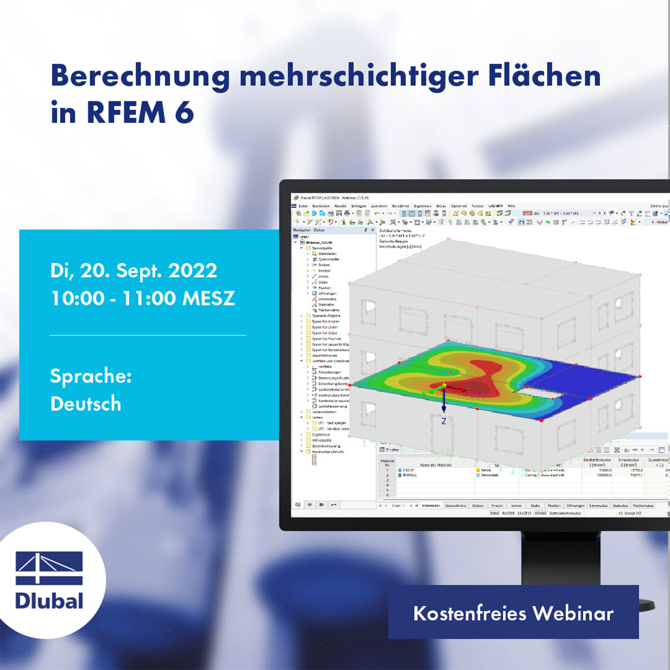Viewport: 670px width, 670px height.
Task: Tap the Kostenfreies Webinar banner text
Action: (513, 614)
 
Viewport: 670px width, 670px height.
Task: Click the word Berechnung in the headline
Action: (139, 77)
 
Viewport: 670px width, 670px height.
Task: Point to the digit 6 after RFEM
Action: (185, 112)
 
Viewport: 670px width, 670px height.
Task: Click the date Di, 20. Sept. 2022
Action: (133, 270)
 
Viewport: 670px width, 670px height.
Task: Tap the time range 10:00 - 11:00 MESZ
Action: (143, 298)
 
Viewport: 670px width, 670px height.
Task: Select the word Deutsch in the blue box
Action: (86, 404)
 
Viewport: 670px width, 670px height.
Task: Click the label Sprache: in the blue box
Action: (91, 376)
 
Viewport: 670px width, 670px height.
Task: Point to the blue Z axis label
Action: (444, 421)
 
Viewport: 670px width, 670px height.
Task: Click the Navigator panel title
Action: (302, 230)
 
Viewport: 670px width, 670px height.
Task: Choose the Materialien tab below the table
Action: (430, 506)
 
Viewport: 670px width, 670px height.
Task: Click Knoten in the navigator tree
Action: (323, 271)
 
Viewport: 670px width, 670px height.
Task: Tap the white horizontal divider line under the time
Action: (148, 335)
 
